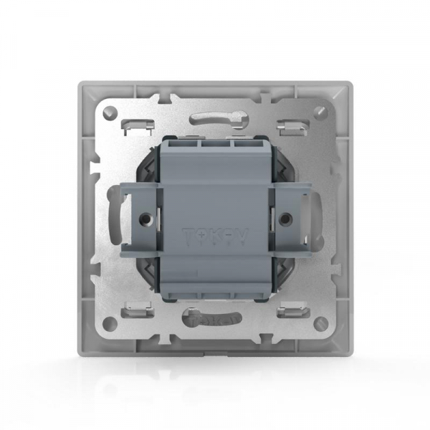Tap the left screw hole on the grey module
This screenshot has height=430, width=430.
pos(147,216)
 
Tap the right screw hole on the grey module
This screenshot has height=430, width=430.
pos(282,216)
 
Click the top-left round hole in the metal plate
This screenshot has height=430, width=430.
pos(110,113)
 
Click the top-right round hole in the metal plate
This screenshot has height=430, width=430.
pos(320,113)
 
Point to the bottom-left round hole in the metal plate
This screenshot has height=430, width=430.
pos(110,321)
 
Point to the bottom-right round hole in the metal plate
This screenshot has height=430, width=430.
pos(320,321)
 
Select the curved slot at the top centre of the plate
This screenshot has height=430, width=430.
pos(215,118)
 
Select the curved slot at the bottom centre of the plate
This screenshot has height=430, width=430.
pos(215,317)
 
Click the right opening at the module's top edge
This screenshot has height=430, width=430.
pos(245,142)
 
